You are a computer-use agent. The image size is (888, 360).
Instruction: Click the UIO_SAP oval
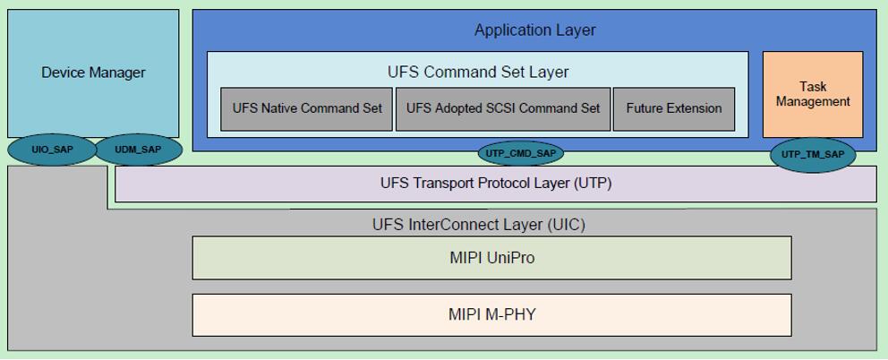click(x=52, y=150)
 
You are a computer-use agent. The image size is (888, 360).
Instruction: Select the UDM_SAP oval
click(x=139, y=150)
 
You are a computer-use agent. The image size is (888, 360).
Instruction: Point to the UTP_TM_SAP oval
click(x=812, y=154)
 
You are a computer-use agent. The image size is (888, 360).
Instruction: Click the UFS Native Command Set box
click(x=307, y=108)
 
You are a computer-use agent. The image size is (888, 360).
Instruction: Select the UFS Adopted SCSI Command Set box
click(x=503, y=108)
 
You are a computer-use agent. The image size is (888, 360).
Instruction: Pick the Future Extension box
click(x=674, y=108)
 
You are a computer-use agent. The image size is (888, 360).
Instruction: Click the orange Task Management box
click(x=813, y=94)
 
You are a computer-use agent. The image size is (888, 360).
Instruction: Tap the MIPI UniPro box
click(x=491, y=258)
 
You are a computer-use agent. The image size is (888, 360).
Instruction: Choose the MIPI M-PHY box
click(x=491, y=314)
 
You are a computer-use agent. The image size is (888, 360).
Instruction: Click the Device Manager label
click(x=93, y=73)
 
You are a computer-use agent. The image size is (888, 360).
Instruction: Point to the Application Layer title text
click(x=534, y=30)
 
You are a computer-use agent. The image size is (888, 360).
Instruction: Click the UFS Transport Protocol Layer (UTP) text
click(x=495, y=184)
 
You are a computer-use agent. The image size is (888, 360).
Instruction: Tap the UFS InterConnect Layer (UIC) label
click(x=478, y=224)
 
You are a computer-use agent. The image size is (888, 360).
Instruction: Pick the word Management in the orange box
click(x=813, y=102)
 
